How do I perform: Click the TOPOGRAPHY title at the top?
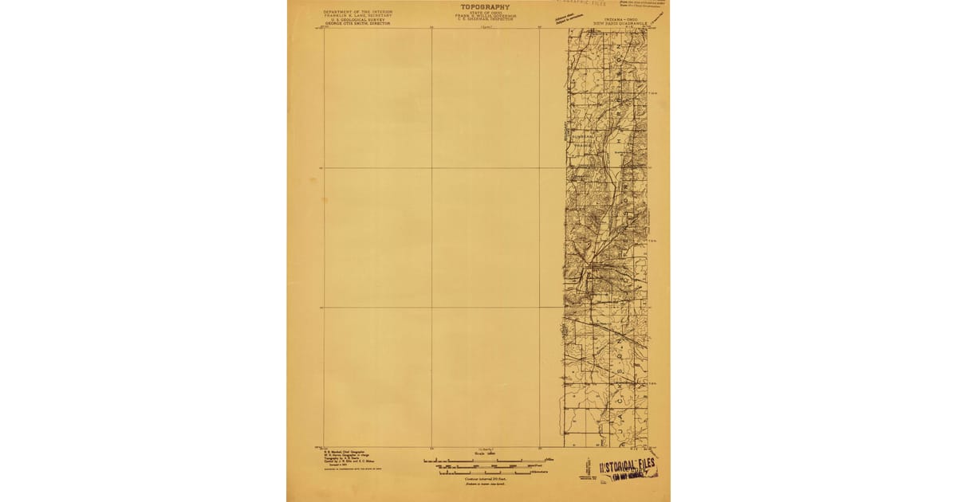click(484, 7)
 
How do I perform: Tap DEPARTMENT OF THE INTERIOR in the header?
click(358, 12)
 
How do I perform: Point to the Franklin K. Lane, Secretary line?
click(358, 16)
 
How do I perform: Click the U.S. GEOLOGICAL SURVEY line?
click(358, 20)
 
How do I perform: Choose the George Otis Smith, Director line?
click(358, 24)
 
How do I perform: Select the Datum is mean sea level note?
click(484, 483)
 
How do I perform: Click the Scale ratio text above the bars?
click(484, 455)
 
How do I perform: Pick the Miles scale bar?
click(484, 461)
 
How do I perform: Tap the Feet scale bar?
click(484, 467)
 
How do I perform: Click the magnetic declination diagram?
click(589, 467)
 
